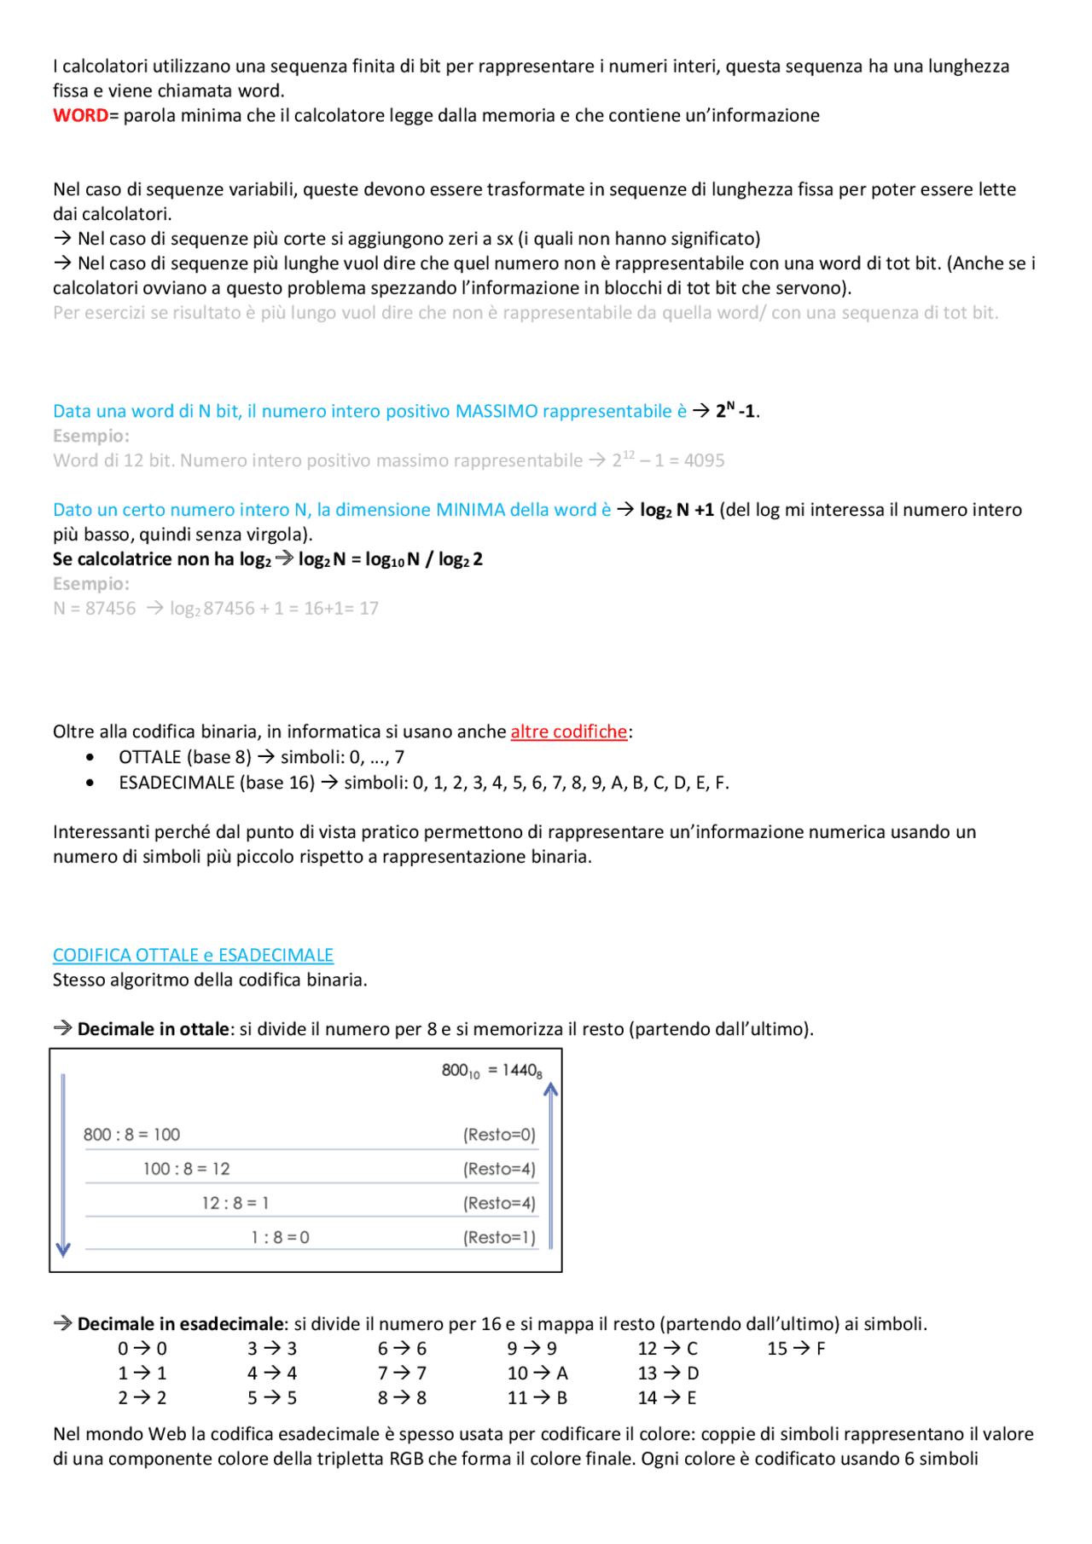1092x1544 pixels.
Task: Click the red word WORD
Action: coord(80,116)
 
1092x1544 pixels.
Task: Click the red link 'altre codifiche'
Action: coord(568,732)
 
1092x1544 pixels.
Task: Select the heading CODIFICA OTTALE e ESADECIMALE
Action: coord(193,955)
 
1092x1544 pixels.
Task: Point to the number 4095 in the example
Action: coord(704,460)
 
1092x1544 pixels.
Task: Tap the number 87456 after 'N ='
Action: coord(110,609)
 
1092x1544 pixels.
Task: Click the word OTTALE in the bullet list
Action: coord(150,757)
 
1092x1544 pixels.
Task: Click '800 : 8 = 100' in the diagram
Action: coord(131,1135)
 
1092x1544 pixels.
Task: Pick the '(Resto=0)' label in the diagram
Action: coord(499,1135)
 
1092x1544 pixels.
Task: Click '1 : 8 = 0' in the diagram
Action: coord(280,1237)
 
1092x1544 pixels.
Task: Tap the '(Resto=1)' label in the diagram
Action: coord(499,1237)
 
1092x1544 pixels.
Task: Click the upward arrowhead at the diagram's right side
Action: coord(550,1089)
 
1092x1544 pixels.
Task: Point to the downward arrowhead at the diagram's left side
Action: coord(63,1250)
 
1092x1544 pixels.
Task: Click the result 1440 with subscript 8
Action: coord(521,1071)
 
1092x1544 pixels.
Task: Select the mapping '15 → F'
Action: coord(795,1349)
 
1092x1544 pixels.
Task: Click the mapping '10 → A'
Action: coord(537,1373)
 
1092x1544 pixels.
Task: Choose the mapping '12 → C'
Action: coord(667,1349)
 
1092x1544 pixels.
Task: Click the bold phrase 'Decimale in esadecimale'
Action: coord(180,1324)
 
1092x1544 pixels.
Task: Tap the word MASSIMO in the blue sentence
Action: coord(496,411)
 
